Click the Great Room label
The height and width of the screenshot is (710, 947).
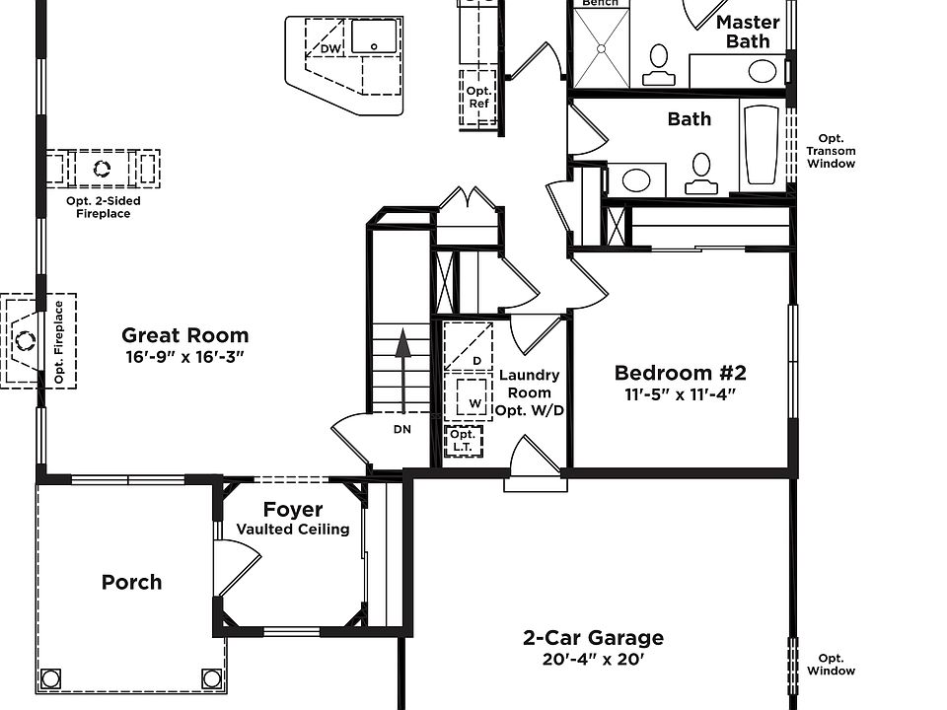[x=184, y=335]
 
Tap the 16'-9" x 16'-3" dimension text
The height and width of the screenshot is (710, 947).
[x=184, y=357]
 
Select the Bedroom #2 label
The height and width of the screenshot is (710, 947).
[x=680, y=373]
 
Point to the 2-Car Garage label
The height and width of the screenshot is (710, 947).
[x=593, y=638]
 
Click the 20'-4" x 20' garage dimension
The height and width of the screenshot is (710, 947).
[x=593, y=660]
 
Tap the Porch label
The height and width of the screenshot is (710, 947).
[x=131, y=582]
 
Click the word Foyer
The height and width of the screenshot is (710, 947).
[x=293, y=510]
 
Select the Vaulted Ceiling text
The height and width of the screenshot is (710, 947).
[x=293, y=530]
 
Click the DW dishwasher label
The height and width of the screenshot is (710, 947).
[x=330, y=48]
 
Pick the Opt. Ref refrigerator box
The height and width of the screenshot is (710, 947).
[x=478, y=98]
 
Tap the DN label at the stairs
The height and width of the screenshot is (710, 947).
[x=402, y=429]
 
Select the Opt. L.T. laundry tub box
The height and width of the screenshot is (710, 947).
[x=464, y=442]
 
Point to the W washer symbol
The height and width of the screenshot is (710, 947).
[x=472, y=396]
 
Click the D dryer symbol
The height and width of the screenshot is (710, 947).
[x=469, y=346]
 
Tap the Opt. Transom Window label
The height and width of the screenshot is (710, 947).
[x=831, y=151]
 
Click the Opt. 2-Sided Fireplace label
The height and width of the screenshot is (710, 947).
[x=104, y=207]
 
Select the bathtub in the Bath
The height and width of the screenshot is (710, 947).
[x=762, y=145]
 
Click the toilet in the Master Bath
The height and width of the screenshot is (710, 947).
[x=658, y=65]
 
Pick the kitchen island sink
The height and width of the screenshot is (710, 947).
[x=375, y=36]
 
